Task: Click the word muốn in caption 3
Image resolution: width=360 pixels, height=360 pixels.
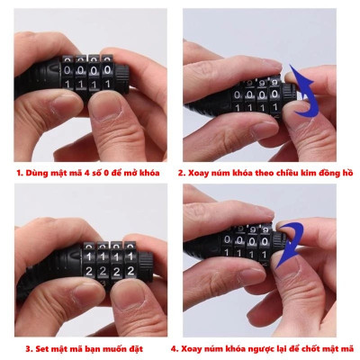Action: pyautogui.click(x=121, y=346)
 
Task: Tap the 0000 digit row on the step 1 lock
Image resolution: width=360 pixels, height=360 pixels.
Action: pyautogui.click(x=87, y=67)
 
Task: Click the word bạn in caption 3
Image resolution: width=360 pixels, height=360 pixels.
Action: pyautogui.click(x=95, y=346)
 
